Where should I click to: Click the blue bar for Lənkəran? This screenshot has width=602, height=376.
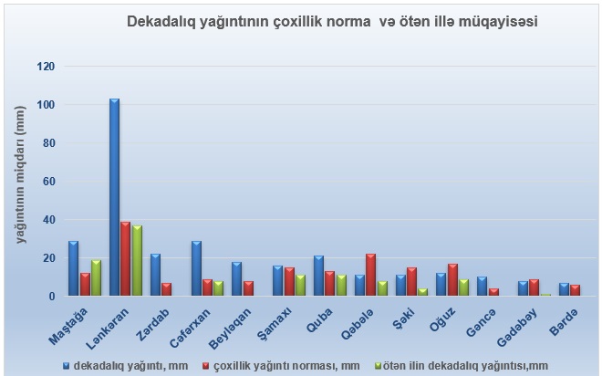114,196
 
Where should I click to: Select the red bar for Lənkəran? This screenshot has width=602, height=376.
126,258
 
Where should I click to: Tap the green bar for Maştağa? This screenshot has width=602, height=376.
96,277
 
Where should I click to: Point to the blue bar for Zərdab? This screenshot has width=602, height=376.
155,275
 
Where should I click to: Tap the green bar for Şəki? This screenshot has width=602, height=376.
423,292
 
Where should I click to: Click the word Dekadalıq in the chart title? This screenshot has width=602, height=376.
161,19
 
